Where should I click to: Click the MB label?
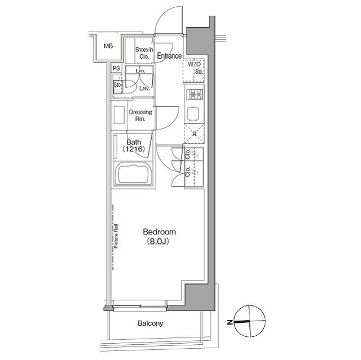[108, 46]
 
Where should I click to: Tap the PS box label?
[117, 68]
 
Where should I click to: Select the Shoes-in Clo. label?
[144, 53]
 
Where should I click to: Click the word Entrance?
[169, 56]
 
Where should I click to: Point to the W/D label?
[194, 64]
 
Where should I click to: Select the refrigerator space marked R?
[194, 134]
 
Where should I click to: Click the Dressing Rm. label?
[140, 115]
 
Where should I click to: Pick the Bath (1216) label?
[134, 145]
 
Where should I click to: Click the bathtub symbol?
[134, 173]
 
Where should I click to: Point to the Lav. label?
[145, 88]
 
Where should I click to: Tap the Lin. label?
[140, 71]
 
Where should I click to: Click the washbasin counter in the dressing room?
[119, 115]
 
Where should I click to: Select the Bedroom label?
[159, 232]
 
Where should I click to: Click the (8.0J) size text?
[158, 241]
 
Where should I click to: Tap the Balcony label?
[151, 323]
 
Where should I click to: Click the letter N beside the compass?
[230, 322]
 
